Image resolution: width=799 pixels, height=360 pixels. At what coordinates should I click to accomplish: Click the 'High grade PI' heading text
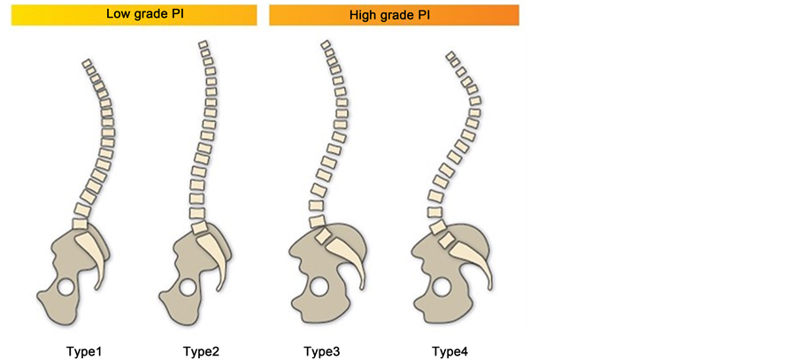pos(393,15)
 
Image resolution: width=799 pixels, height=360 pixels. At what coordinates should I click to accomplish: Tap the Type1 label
pos(84,352)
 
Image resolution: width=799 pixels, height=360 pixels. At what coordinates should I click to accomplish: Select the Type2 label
pos(202,352)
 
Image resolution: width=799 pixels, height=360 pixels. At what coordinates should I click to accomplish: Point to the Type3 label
pos(321,352)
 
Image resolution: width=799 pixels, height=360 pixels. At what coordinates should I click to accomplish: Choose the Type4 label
pos(449,352)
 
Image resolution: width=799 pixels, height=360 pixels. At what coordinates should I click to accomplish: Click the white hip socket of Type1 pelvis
pos(65,287)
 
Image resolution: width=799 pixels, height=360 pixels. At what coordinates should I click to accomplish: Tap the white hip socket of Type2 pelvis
pos(188,287)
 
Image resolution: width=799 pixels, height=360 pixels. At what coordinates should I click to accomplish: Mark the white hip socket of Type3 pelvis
pos(318,287)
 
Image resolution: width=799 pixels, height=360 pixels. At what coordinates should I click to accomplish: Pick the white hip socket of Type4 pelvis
pos(441,287)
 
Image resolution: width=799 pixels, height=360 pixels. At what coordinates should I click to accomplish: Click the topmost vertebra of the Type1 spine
pos(87,64)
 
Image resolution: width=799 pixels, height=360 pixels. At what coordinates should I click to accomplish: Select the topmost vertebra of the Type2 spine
pos(204,44)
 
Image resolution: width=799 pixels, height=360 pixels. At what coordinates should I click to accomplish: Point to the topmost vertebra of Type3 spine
pos(326,45)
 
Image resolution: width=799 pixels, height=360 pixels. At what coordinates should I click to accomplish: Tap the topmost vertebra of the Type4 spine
pos(452,58)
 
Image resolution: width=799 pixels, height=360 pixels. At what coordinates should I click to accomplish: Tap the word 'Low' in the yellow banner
pos(118,14)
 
